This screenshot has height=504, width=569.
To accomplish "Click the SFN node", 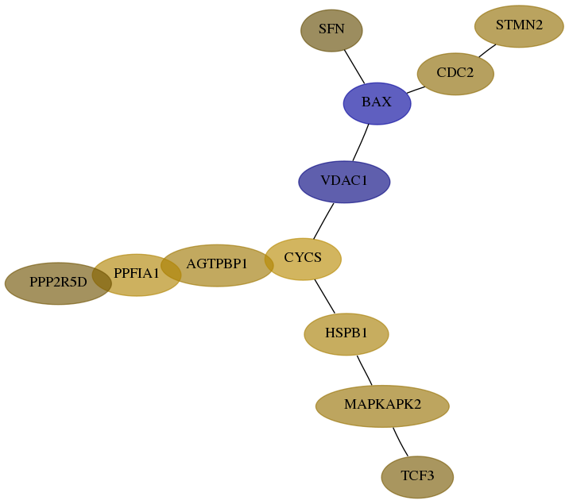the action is coord(331,30).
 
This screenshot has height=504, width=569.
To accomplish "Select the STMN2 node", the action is coord(519,26).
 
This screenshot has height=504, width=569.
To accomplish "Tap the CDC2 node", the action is coord(455,74).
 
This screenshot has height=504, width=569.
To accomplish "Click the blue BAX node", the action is coord(377,104).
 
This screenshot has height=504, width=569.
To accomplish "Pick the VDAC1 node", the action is coord(344,182).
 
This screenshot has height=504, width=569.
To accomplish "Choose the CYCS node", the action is coord(304,259).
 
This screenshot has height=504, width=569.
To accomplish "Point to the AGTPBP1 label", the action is coord(217,264).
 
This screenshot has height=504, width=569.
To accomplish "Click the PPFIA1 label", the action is coord(137,273).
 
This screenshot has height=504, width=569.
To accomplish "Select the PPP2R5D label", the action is coord(58,282).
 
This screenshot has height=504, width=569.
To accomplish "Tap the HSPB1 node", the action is coord(346,334).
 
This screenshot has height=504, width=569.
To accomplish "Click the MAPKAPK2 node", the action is coord(382,406).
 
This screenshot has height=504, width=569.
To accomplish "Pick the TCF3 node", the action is coord(417,477).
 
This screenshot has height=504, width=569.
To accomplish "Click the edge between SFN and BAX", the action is coord(354,67).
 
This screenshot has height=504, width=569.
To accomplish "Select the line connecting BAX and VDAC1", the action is coord(361,143).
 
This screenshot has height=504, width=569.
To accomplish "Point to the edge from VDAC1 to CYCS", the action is coord(323,221).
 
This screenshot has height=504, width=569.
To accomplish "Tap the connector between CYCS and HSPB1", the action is coord(325,296).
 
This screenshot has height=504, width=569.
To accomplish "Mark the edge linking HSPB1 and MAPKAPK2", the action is coord(365,371).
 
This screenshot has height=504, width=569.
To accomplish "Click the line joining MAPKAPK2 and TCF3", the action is coord(400,442).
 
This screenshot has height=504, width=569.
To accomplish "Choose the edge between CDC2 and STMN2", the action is coord(487,51).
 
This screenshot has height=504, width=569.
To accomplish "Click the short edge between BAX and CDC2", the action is coord(416,90).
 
